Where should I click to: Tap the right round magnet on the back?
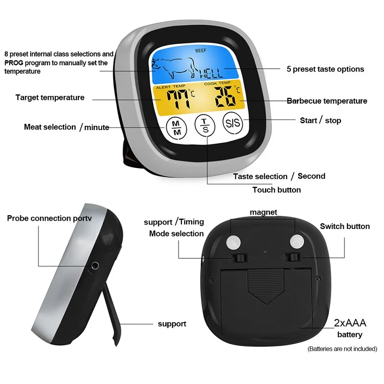click(x=297, y=241)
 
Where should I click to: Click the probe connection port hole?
click(x=95, y=265)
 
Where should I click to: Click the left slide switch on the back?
click(x=239, y=258)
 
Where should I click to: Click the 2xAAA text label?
click(x=349, y=323)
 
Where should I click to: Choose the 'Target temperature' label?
click(x=50, y=97)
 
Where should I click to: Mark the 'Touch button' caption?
click(x=276, y=190)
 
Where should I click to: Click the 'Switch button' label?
click(x=345, y=226)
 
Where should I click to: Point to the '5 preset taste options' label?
click(x=325, y=69)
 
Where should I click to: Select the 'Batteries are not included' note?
click(x=342, y=349)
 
